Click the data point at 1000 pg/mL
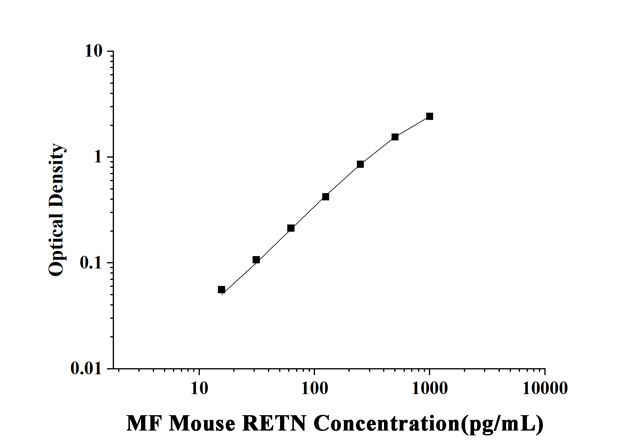pyautogui.click(x=430, y=116)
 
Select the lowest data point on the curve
pyautogui.click(x=222, y=290)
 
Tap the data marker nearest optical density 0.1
pyautogui.click(x=256, y=260)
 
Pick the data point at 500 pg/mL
pyautogui.click(x=395, y=137)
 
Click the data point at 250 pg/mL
pyautogui.click(x=360, y=164)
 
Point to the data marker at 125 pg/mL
pyautogui.click(x=326, y=197)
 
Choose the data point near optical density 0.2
pyautogui.click(x=291, y=228)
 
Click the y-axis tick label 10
pyautogui.click(x=93, y=51)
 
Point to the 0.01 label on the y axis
pyautogui.click(x=86, y=368)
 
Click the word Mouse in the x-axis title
pyautogui.click(x=202, y=423)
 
